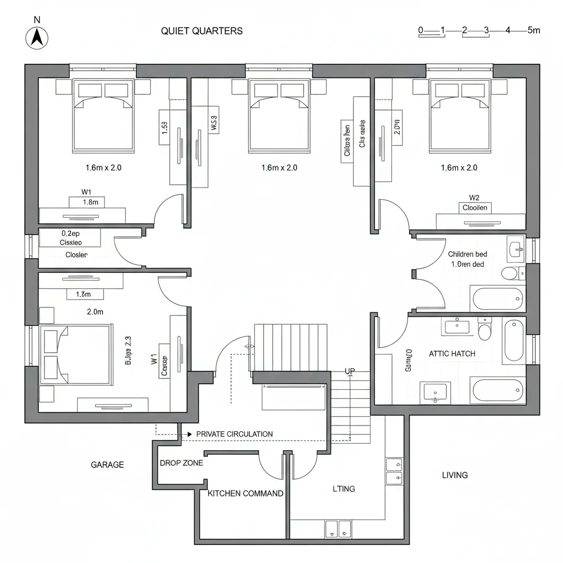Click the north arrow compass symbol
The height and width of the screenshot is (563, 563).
pos(37,38)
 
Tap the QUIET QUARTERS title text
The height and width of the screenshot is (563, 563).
pos(202,31)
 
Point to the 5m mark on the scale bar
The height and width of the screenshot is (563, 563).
pos(533,30)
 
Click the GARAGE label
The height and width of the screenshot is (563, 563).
pos(107,465)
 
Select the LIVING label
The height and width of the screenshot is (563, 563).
pos(455,475)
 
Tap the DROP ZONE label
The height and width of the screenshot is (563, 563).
pos(181,463)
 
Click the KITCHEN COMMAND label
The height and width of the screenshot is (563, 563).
pos(245,493)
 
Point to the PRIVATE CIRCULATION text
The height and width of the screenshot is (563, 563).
pos(234,434)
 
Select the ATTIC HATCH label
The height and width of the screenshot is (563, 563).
pos(452,354)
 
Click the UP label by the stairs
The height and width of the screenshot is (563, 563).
pos(350,371)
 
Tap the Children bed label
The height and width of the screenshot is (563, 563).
pos(467,255)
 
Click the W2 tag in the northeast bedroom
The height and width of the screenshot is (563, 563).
pos(474,197)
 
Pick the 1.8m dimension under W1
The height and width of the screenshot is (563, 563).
pos(90,202)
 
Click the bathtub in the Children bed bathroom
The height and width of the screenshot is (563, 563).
pos(496,299)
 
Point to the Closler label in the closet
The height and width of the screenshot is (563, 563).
pos(76,255)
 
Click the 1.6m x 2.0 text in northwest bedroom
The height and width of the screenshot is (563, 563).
pos(103,168)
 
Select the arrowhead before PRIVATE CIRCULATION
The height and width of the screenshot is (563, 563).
pos(190,434)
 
